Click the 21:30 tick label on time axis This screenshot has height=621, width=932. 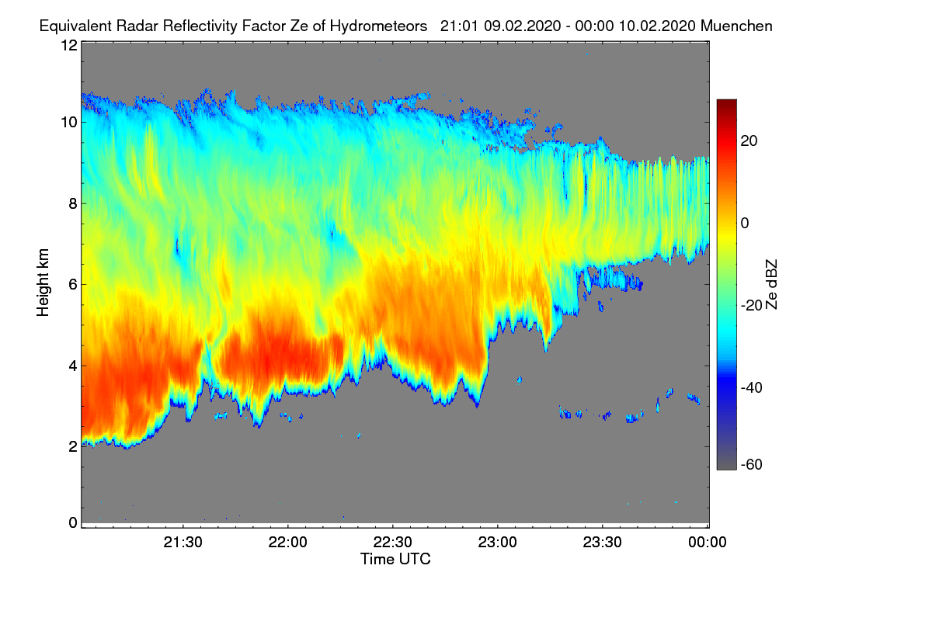click(183, 543)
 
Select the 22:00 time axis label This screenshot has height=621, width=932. click(288, 543)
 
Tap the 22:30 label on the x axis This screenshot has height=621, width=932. click(393, 543)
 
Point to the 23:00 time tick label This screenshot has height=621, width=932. click(498, 543)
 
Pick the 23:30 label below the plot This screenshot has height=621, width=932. click(603, 543)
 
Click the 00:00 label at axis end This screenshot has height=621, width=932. click(708, 543)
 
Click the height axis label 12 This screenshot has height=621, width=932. click(68, 46)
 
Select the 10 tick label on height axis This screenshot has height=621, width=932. click(68, 122)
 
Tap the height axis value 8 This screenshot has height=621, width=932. click(72, 203)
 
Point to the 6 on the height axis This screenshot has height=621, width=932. click(72, 284)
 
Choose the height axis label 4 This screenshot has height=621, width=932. click(72, 365)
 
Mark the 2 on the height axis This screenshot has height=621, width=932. click(72, 446)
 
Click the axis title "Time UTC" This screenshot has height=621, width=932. click(395, 559)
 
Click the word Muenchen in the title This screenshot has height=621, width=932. click(736, 26)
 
